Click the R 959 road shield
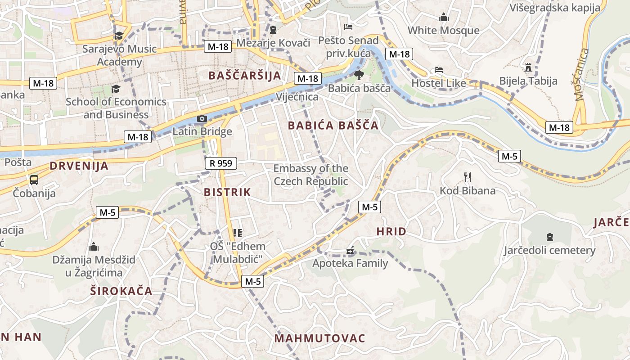[221, 163]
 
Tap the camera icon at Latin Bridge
[202, 119]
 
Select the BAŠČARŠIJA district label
[245, 75]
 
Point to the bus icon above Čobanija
[34, 180]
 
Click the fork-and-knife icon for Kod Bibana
[468, 177]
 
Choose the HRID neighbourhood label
[391, 232]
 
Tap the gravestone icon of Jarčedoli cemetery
[549, 237]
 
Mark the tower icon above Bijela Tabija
[528, 68]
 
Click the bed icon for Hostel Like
[439, 70]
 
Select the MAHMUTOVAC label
[319, 338]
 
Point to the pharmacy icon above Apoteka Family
[350, 251]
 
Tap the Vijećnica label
[297, 97]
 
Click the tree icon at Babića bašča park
[359, 75]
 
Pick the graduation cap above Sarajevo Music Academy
[119, 36]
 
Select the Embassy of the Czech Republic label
[311, 175]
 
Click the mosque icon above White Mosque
[444, 18]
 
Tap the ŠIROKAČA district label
[121, 291]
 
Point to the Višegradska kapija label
[554, 7]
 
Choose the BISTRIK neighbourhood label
[227, 192]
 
